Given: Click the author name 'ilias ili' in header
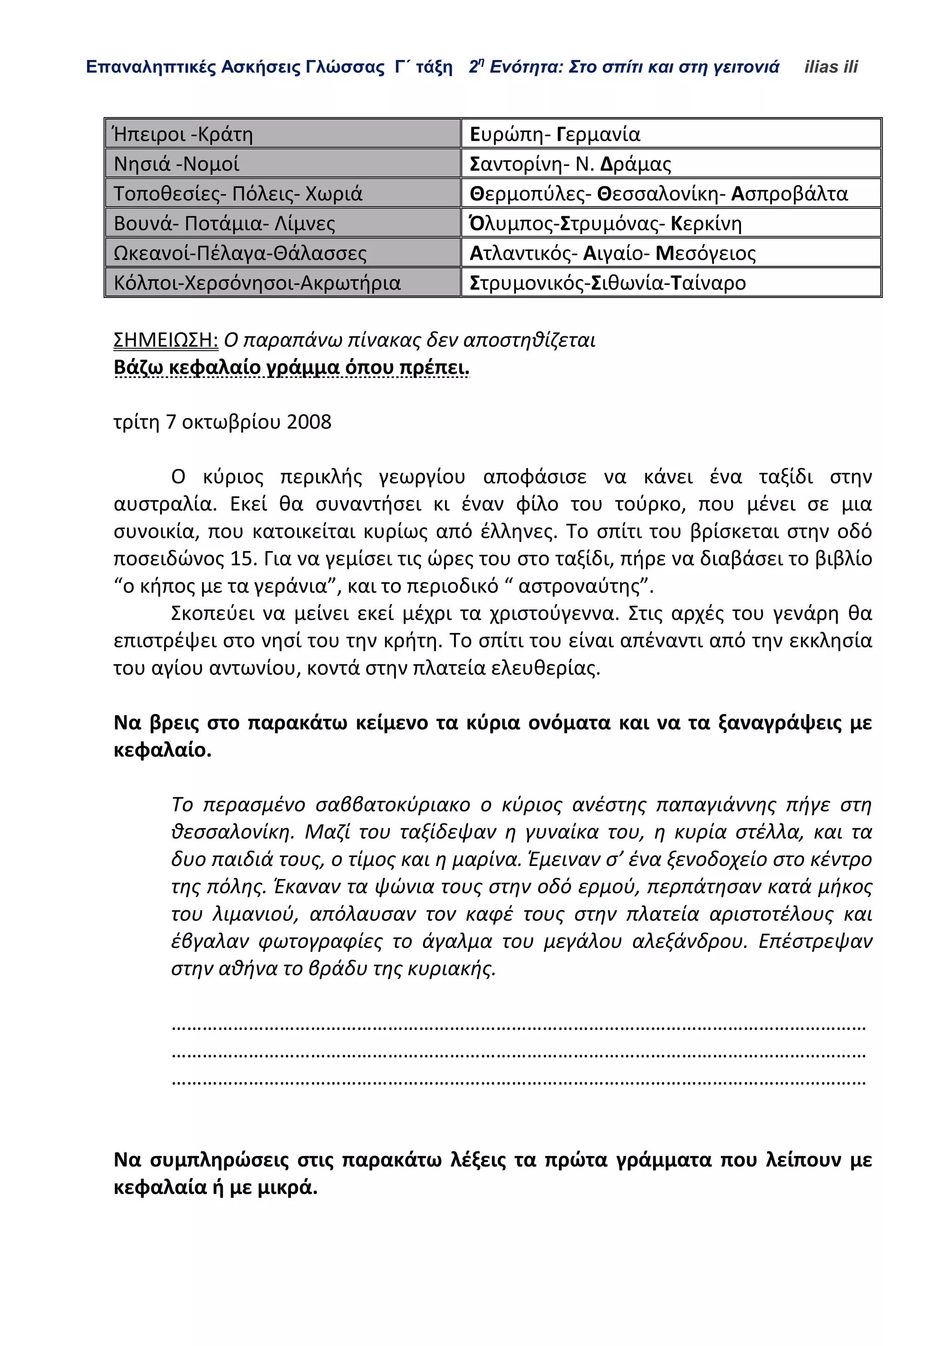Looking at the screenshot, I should [x=830, y=67].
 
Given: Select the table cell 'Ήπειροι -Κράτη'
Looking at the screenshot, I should [x=183, y=134].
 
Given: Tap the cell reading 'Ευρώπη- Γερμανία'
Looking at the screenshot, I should [x=555, y=134].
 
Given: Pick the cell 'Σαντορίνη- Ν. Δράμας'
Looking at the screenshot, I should [x=570, y=164].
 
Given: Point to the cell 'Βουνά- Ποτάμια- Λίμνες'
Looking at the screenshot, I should [x=224, y=224].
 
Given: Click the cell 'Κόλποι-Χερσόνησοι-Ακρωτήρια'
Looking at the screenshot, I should [x=257, y=283].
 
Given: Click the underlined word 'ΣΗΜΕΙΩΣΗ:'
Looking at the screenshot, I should [x=165, y=340].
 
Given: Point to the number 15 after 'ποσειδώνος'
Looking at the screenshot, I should [x=242, y=559].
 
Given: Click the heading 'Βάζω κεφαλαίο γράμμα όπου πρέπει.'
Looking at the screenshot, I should [x=291, y=368].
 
